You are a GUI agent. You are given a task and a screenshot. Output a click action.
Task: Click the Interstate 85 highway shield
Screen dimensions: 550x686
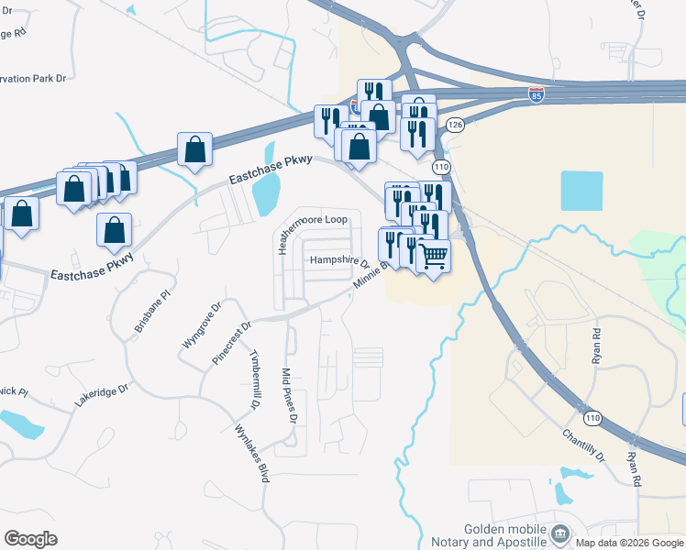pyautogui.click(x=537, y=94)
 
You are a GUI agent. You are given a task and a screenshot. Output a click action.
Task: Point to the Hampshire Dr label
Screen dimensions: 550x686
pyautogui.click(x=338, y=260)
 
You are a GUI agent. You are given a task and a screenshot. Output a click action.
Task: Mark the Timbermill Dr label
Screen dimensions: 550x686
pyautogui.click(x=254, y=378)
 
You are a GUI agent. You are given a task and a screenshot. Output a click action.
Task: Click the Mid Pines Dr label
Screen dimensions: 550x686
pyautogui.click(x=290, y=396)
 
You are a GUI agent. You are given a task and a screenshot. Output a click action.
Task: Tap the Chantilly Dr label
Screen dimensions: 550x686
pyautogui.click(x=583, y=445)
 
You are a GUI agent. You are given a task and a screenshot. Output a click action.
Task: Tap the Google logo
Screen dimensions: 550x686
pyautogui.click(x=30, y=539)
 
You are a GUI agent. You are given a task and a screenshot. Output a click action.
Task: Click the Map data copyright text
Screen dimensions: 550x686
pyautogui.click(x=630, y=543)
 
